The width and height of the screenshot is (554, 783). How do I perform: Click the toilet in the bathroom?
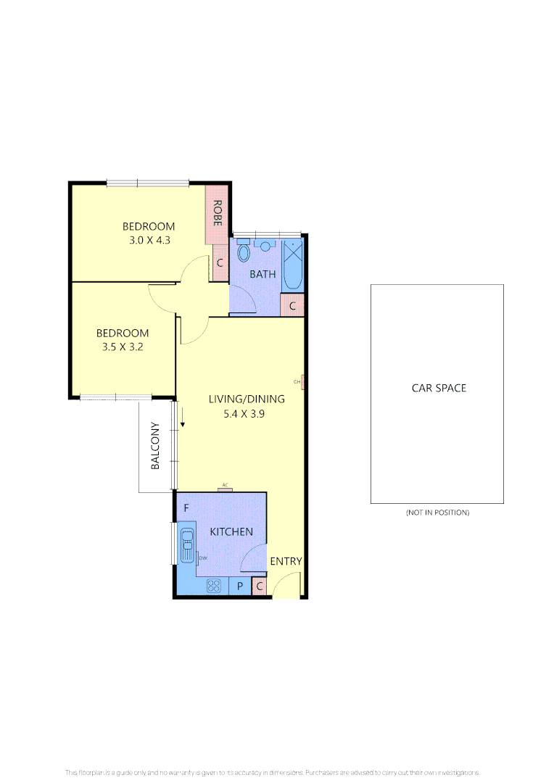pyautogui.click(x=243, y=253)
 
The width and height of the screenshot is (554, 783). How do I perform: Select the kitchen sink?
pyautogui.click(x=187, y=544)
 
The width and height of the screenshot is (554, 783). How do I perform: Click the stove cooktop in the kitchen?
pyautogui.click(x=213, y=587)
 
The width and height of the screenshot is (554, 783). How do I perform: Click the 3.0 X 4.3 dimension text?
pyautogui.click(x=149, y=240)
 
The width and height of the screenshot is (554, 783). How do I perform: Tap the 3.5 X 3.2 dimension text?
pyautogui.click(x=123, y=347)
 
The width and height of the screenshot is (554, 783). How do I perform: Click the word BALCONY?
pyautogui.click(x=155, y=446)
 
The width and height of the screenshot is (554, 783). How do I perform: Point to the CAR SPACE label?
pyautogui.click(x=439, y=388)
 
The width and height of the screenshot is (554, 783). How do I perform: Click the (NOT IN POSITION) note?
pyautogui.click(x=437, y=513)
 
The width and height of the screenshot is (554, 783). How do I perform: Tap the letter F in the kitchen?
pyautogui.click(x=186, y=508)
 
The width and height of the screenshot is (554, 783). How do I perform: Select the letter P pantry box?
pyautogui.click(x=239, y=586)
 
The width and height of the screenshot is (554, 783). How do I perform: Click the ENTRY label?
pyautogui.click(x=286, y=561)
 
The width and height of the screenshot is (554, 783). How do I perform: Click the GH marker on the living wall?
pyautogui.click(x=297, y=381)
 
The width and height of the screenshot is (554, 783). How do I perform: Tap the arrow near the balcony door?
pyautogui.click(x=183, y=418)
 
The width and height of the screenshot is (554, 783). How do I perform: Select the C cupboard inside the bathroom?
pyautogui.click(x=292, y=306)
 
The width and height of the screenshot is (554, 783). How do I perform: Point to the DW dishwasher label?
pyautogui.click(x=203, y=558)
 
